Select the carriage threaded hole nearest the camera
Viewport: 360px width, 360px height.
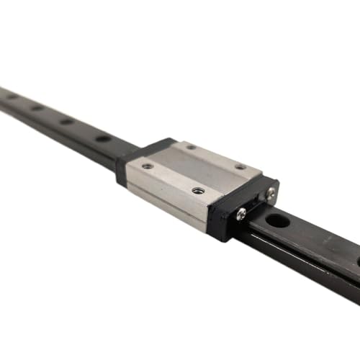click(198, 191)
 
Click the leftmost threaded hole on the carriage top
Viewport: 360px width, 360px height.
click(148, 166)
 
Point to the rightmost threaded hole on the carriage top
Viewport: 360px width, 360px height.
click(240, 167)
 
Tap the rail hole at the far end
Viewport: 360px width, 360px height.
click(12, 96)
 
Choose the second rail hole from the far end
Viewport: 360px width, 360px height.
click(37, 107)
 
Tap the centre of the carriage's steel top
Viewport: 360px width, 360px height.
click(194, 168)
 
